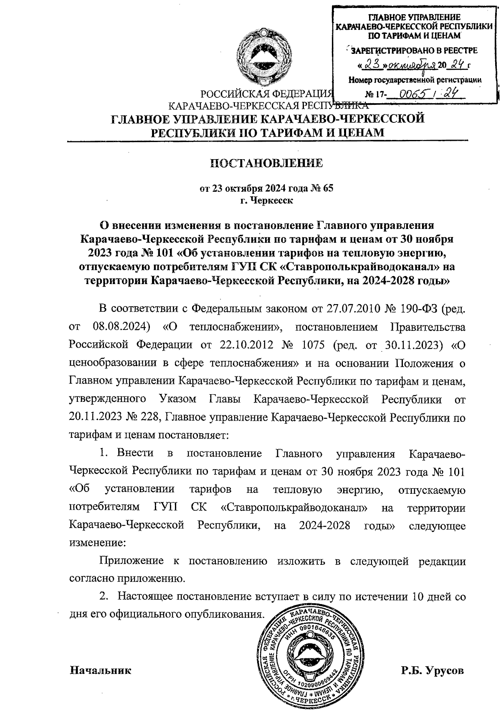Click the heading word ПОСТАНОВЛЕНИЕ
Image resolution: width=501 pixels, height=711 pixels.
click(x=266, y=163)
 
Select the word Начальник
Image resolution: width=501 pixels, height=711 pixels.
click(x=100, y=671)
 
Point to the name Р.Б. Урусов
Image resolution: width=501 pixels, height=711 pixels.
click(x=432, y=671)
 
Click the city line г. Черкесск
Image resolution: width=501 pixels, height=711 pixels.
click(x=266, y=200)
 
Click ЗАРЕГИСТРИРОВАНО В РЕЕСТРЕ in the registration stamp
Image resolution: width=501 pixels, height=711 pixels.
click(x=414, y=51)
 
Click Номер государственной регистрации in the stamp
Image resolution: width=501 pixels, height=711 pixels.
click(x=415, y=79)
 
